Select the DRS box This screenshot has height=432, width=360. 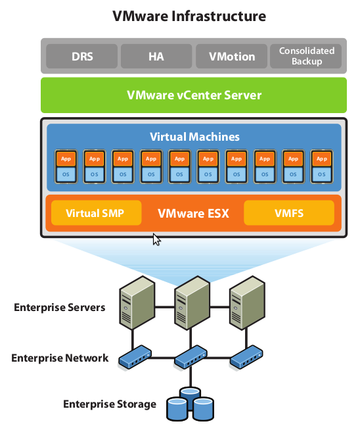[81, 57]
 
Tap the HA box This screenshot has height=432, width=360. [156, 57]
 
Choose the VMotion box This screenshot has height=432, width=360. [231, 57]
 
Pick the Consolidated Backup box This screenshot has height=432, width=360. [307, 57]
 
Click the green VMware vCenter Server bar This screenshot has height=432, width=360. [194, 95]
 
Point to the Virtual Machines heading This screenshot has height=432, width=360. [194, 137]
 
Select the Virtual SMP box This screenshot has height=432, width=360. [95, 213]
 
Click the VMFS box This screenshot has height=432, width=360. [288, 213]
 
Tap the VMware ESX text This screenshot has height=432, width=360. [193, 214]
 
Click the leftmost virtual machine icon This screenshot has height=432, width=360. [66, 167]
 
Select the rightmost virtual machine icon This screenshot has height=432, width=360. [321, 167]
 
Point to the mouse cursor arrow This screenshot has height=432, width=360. [156, 239]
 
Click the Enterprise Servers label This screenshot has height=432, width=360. [60, 308]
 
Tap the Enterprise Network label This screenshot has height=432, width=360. [60, 358]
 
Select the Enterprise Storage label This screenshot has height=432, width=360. [110, 404]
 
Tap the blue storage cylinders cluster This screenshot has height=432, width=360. [190, 404]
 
